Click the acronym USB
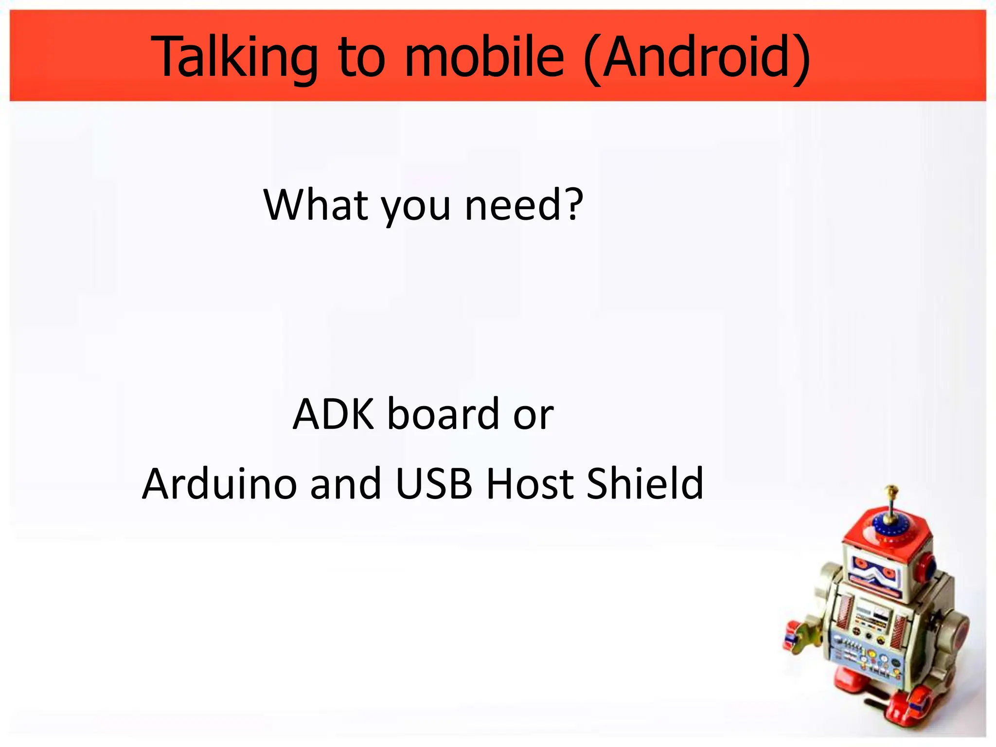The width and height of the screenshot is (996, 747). point(434,483)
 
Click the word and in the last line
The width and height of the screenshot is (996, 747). point(346,483)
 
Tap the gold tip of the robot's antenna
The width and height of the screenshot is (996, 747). point(891,489)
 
